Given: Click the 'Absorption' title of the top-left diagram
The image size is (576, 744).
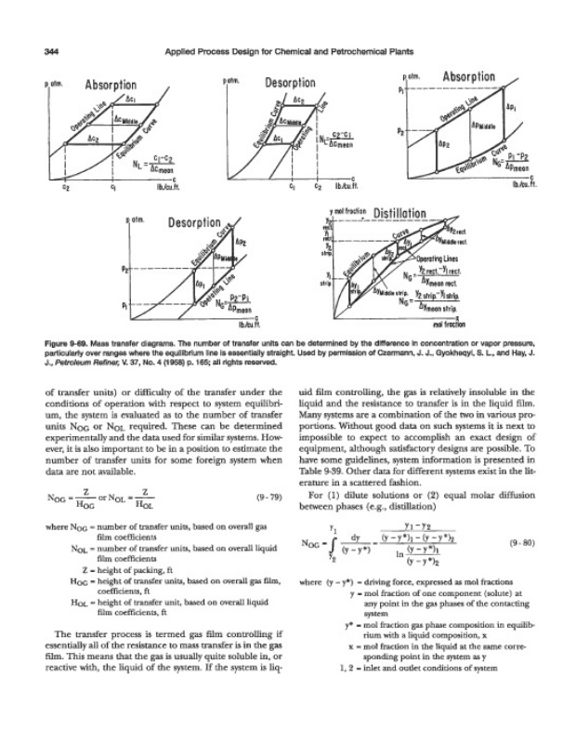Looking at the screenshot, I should (111, 90).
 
